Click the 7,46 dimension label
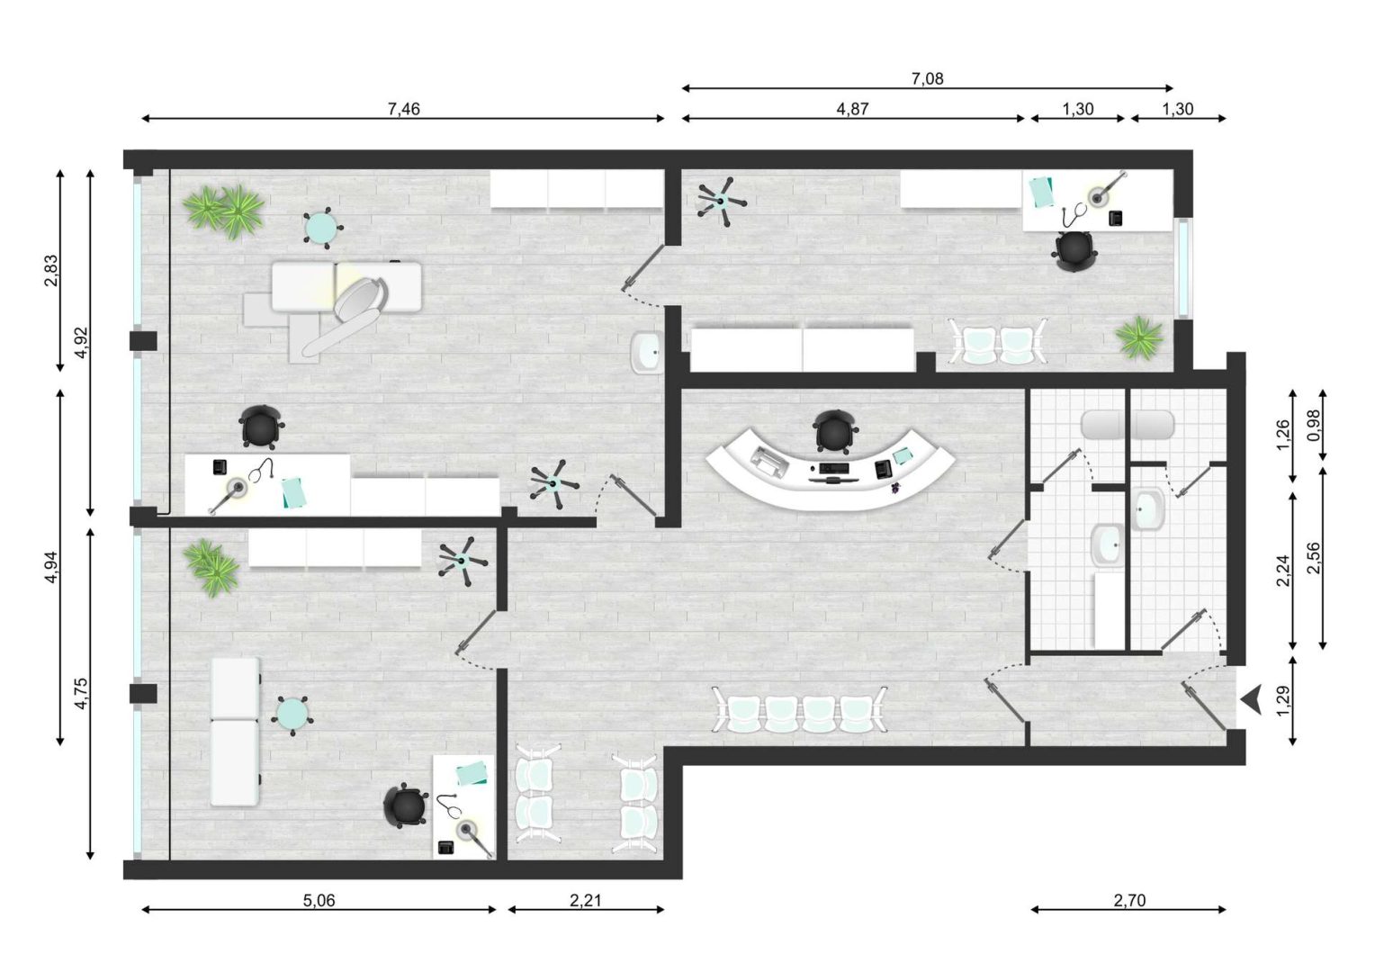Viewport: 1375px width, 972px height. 403,109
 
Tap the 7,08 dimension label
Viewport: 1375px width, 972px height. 927,78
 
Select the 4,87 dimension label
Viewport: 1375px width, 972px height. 852,109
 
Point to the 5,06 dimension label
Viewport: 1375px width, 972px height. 319,900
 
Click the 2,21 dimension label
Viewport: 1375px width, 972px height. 586,900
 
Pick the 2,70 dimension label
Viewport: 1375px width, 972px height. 1129,900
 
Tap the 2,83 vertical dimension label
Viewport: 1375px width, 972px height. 51,270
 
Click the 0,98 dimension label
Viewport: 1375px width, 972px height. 1313,426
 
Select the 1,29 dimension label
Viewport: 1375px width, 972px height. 1283,701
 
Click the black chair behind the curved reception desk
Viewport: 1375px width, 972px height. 835,432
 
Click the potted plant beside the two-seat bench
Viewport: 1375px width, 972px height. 1140,337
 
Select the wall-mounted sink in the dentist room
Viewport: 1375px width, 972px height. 646,352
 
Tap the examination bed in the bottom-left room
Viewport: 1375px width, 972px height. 235,732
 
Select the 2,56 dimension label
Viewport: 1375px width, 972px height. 1313,557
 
